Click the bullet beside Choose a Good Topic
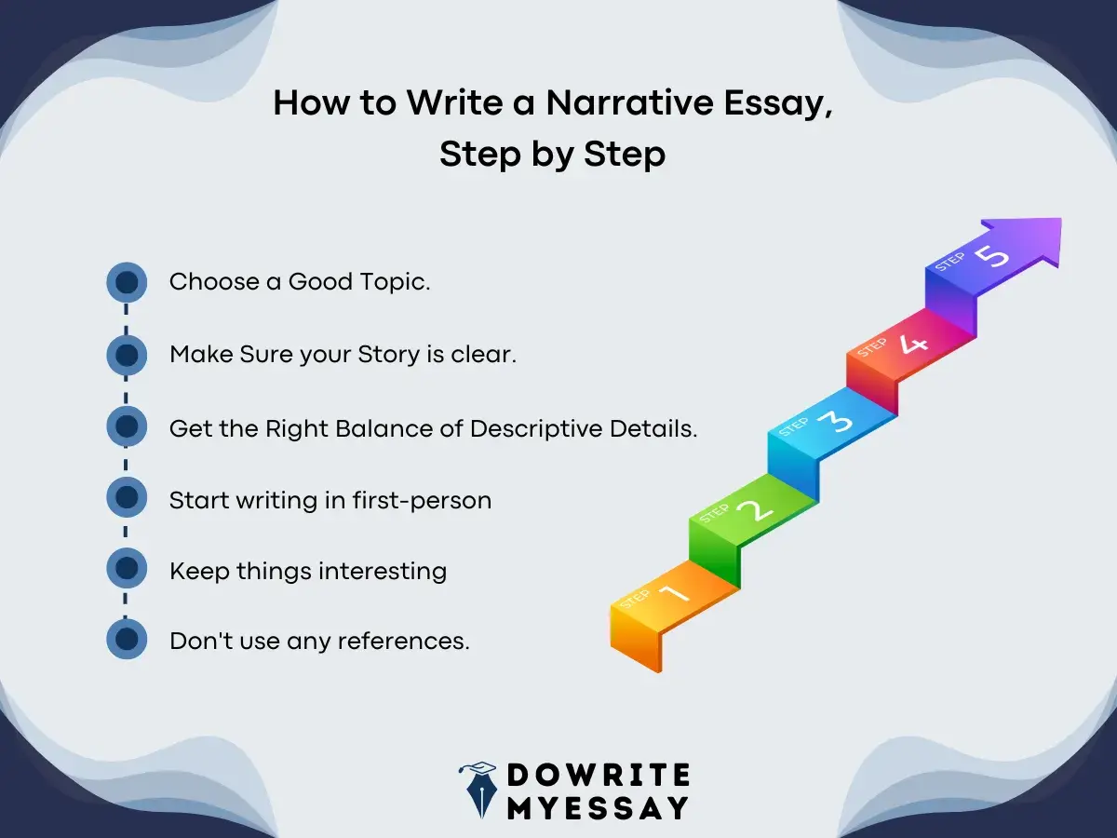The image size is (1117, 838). tap(127, 282)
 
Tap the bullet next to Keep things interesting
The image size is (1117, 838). tap(127, 569)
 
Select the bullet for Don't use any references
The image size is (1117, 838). tap(127, 640)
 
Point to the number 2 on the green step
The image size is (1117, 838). tap(755, 509)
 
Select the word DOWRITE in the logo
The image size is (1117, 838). tap(599, 775)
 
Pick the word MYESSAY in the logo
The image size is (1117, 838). tap(599, 807)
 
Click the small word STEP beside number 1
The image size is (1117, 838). tap(635, 600)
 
